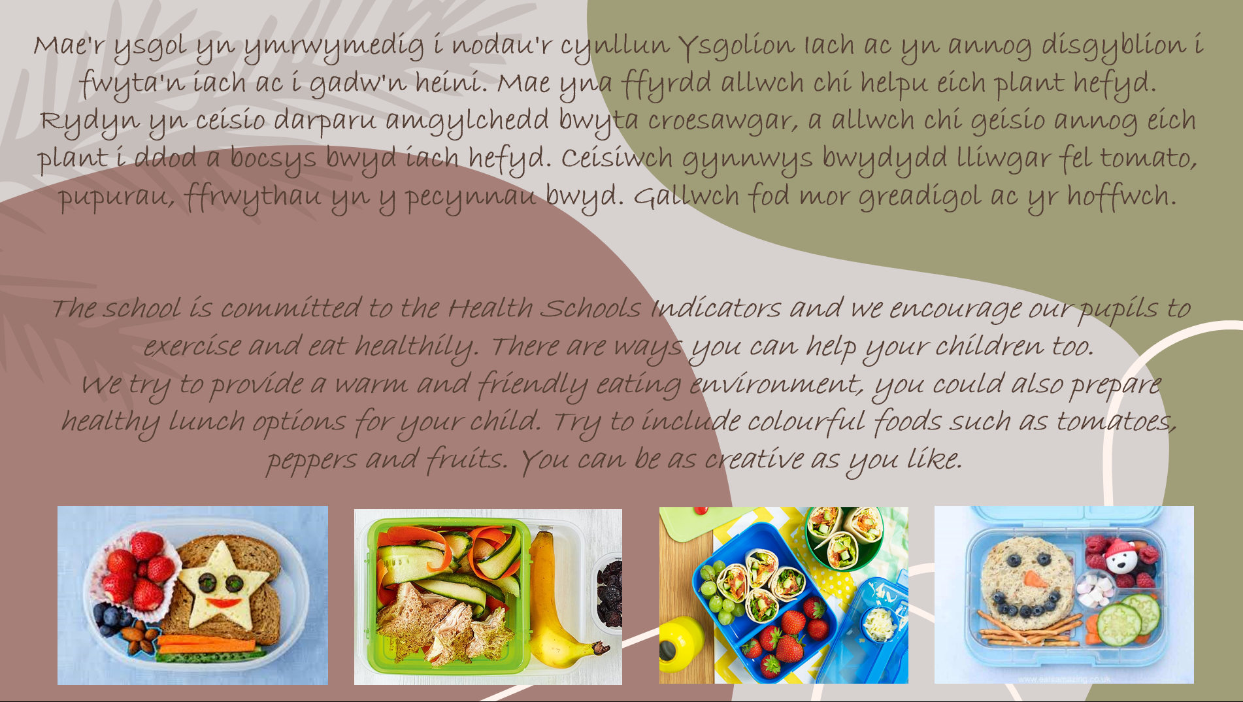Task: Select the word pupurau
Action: coord(116,197)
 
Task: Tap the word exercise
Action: coord(192,346)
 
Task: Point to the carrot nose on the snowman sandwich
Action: coord(1033,580)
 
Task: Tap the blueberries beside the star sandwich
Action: coord(108,616)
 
